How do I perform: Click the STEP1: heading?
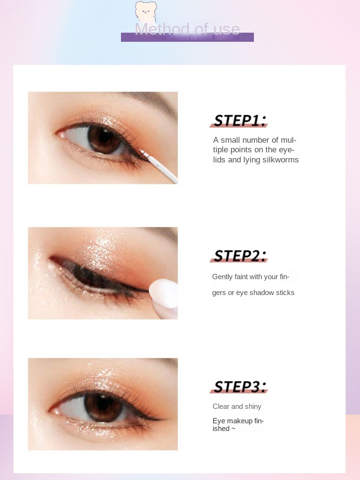click(240, 120)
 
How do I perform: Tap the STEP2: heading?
click(240, 256)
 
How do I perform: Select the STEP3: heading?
click(240, 386)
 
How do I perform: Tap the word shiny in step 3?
click(253, 406)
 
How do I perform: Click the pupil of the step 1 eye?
click(104, 137)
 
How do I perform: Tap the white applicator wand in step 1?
click(159, 166)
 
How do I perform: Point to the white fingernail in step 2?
click(164, 294)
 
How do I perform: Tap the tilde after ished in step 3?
click(233, 429)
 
